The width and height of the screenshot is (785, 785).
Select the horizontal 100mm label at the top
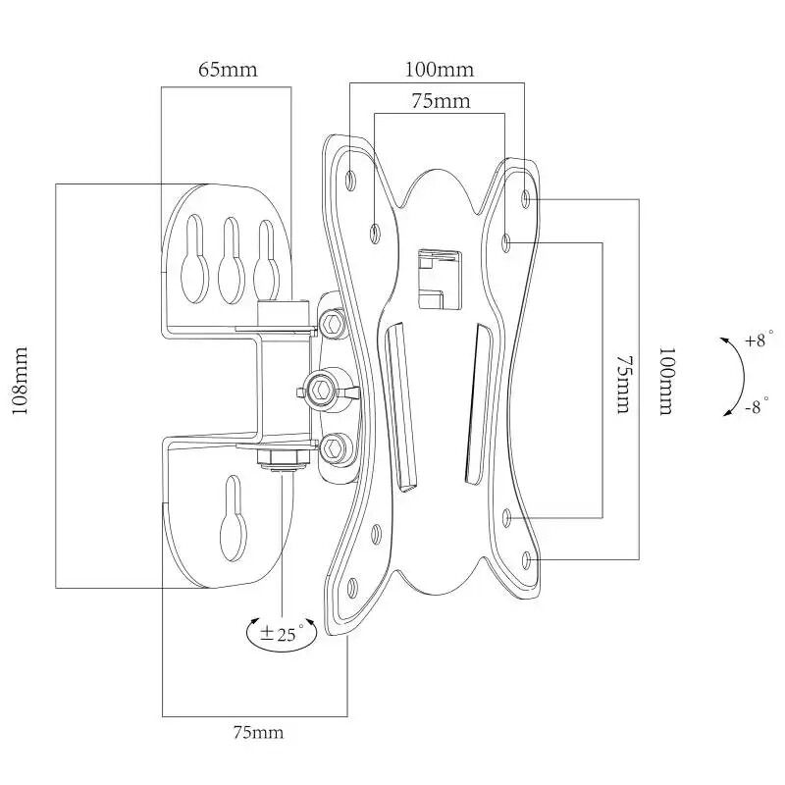439,70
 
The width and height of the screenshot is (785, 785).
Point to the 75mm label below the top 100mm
439,100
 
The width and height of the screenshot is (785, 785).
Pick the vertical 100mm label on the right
666,381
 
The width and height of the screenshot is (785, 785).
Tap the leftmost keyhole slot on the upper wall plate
194,259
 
